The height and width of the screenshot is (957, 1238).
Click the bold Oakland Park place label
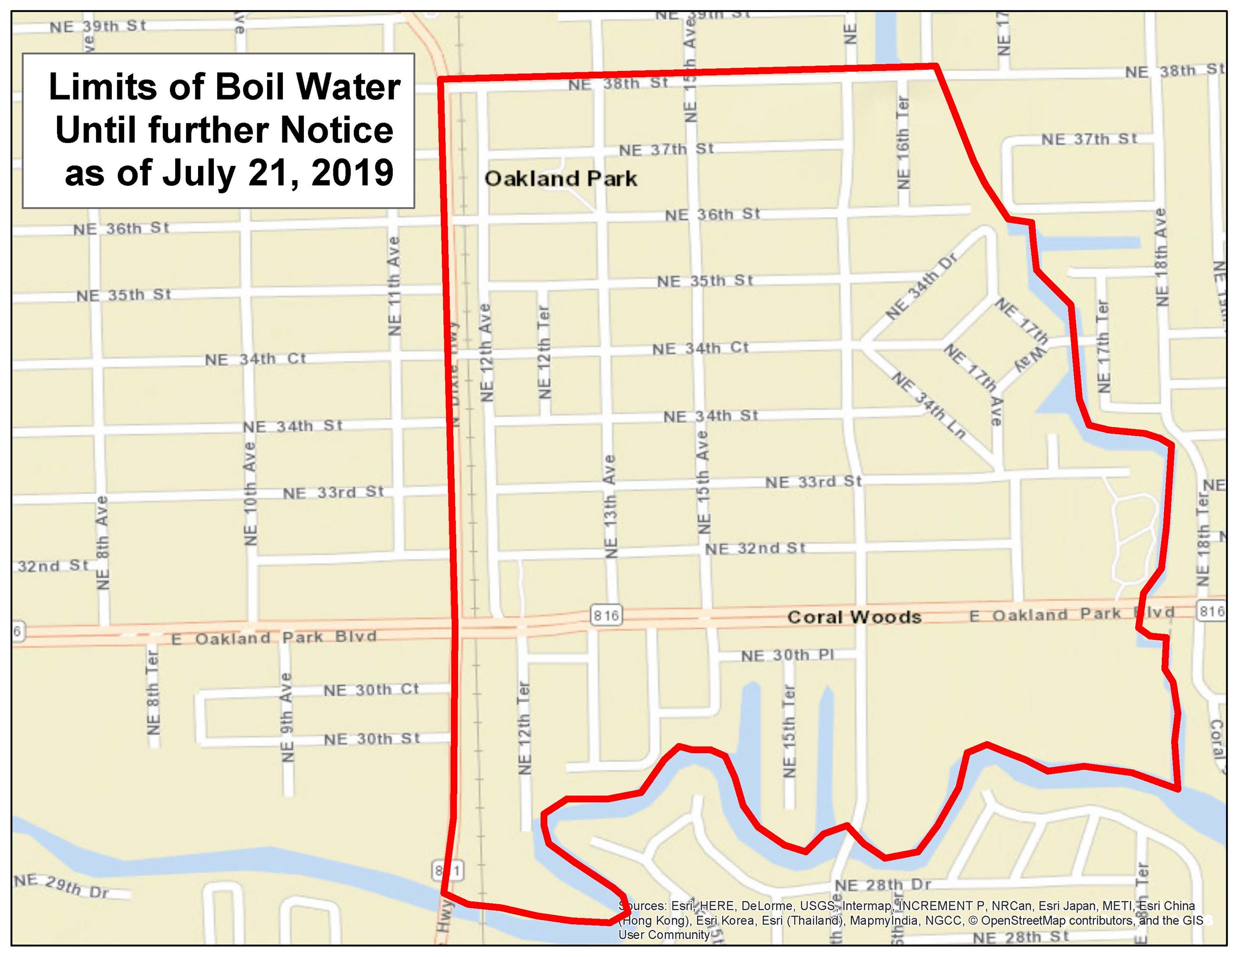coord(560,179)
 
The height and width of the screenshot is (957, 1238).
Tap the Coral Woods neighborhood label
coord(854,617)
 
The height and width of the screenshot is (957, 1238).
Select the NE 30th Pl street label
coord(788,655)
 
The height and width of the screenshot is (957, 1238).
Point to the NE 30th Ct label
coord(371,689)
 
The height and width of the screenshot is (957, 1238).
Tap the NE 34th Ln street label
coord(928,405)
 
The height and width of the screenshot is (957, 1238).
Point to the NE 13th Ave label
coord(610,506)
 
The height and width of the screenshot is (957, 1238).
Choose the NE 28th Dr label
coord(883,885)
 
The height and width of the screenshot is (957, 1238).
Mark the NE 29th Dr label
coord(61,886)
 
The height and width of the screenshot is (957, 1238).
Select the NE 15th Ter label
coord(789,731)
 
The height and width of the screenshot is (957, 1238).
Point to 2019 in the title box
coord(352,172)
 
